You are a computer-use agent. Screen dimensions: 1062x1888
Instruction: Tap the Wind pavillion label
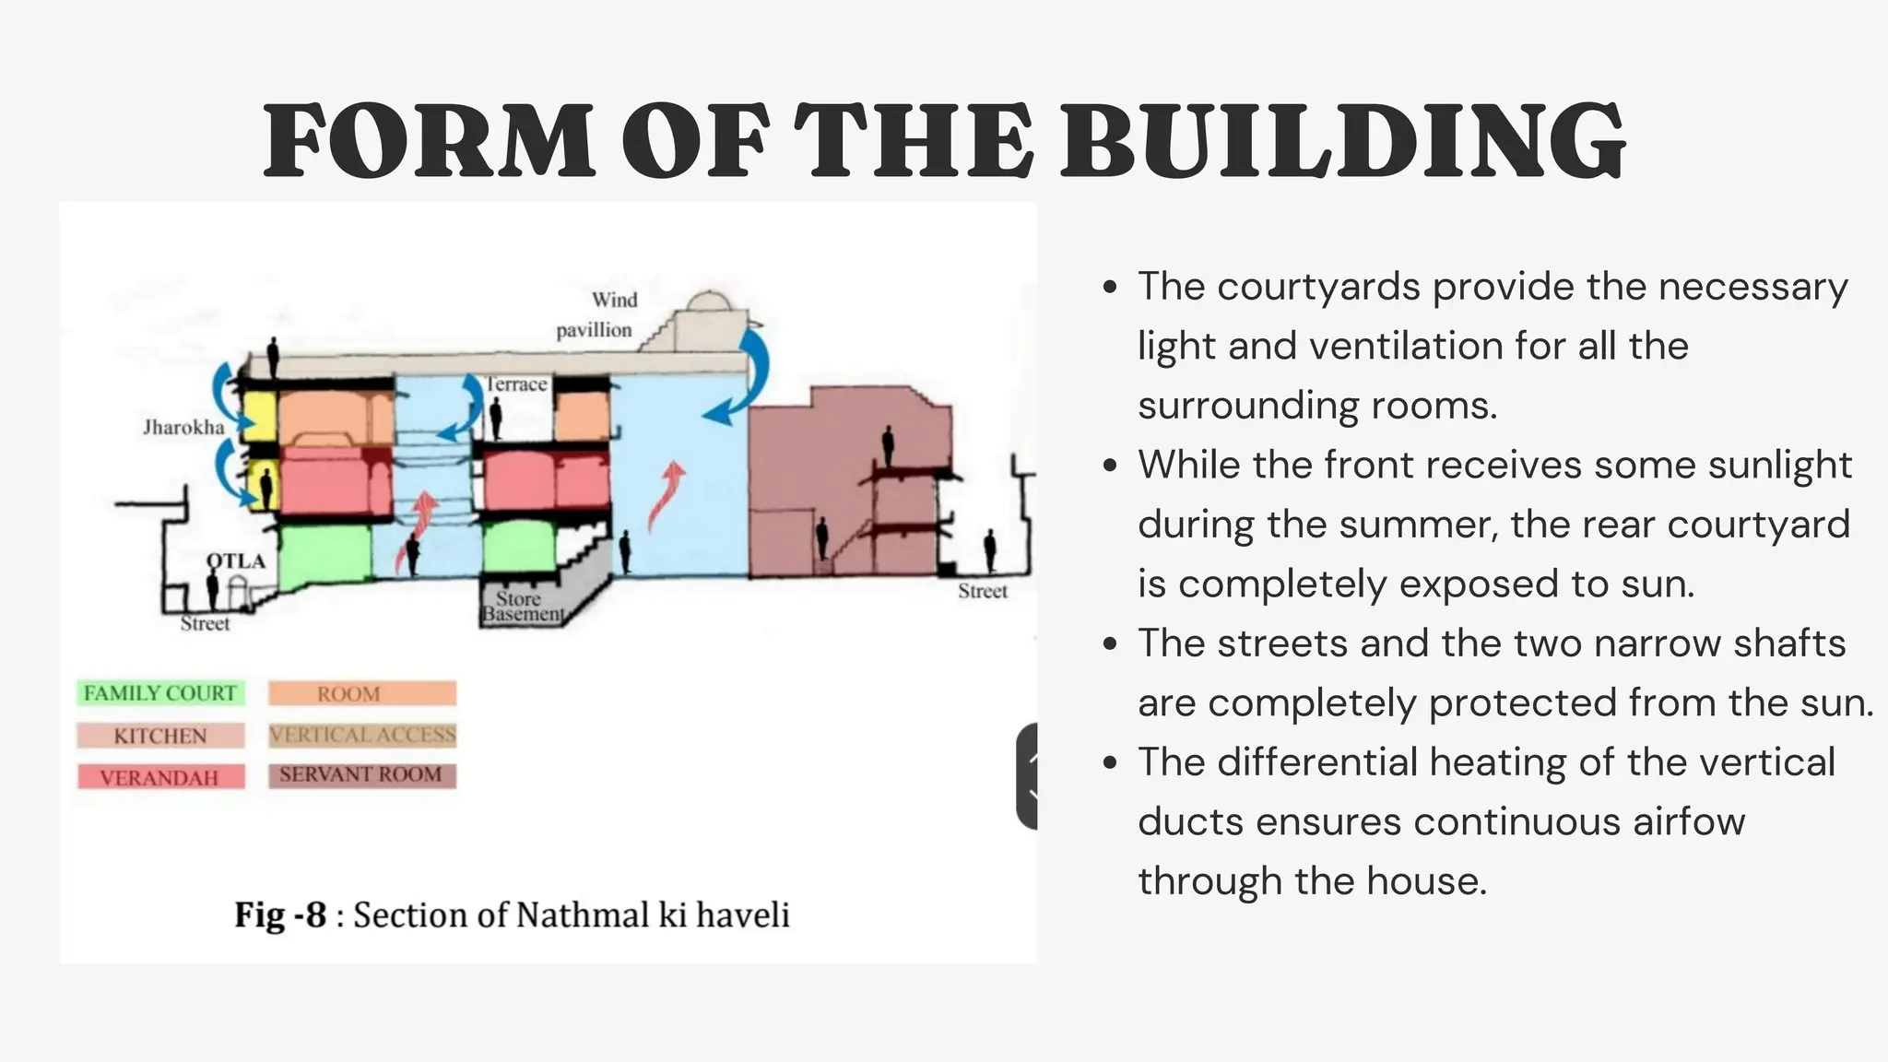pyautogui.click(x=596, y=314)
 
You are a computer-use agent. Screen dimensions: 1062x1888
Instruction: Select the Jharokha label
pyautogui.click(x=183, y=427)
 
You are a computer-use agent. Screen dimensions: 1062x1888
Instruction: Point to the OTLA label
pyautogui.click(x=236, y=560)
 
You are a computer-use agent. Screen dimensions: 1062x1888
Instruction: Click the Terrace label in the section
pyautogui.click(x=516, y=384)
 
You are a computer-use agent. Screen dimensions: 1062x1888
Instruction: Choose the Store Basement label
pyautogui.click(x=522, y=607)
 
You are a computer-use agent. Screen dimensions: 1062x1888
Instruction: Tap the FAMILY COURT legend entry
pyautogui.click(x=160, y=693)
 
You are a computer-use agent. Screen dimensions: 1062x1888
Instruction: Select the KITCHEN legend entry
pyautogui.click(x=160, y=736)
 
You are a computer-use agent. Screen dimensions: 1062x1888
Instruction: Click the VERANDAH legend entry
pyautogui.click(x=160, y=777)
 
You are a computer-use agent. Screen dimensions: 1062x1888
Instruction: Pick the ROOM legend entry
pyautogui.click(x=361, y=693)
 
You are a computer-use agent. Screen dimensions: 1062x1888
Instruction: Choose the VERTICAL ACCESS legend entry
pyautogui.click(x=361, y=735)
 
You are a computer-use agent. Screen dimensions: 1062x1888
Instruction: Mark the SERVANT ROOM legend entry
pyautogui.click(x=361, y=775)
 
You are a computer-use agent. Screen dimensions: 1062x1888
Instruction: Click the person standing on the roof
pyautogui.click(x=273, y=356)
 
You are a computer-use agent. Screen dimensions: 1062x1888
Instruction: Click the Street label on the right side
pyautogui.click(x=983, y=591)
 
